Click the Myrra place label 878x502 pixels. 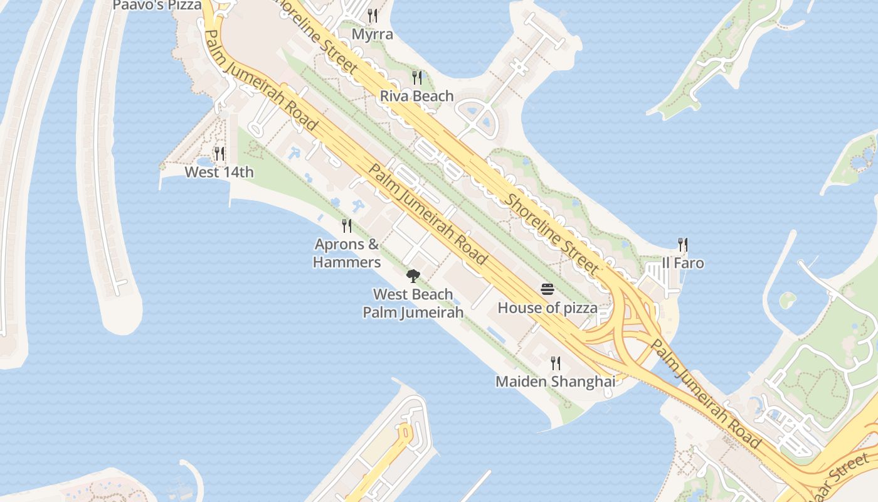pyautogui.click(x=373, y=34)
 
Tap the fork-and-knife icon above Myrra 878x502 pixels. pyautogui.click(x=373, y=15)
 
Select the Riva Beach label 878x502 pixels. pyautogui.click(x=416, y=96)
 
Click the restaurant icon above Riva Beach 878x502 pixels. pyautogui.click(x=416, y=77)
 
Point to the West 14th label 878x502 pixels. pyautogui.click(x=219, y=172)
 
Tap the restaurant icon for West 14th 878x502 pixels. pyautogui.click(x=219, y=153)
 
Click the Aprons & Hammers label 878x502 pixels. pyautogui.click(x=347, y=253)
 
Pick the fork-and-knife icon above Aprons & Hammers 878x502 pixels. pyautogui.click(x=347, y=225)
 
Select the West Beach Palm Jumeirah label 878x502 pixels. pyautogui.click(x=413, y=303)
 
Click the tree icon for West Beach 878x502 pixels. pyautogui.click(x=413, y=275)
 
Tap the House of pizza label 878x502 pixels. pyautogui.click(x=547, y=308)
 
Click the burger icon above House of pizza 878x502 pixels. pyautogui.click(x=547, y=289)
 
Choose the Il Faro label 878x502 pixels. pyautogui.click(x=683, y=263)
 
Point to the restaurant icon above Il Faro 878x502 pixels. pyautogui.click(x=683, y=244)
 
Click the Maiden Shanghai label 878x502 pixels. pyautogui.click(x=555, y=382)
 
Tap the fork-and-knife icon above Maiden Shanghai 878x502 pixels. pyautogui.click(x=555, y=363)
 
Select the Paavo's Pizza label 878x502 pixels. pyautogui.click(x=157, y=6)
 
